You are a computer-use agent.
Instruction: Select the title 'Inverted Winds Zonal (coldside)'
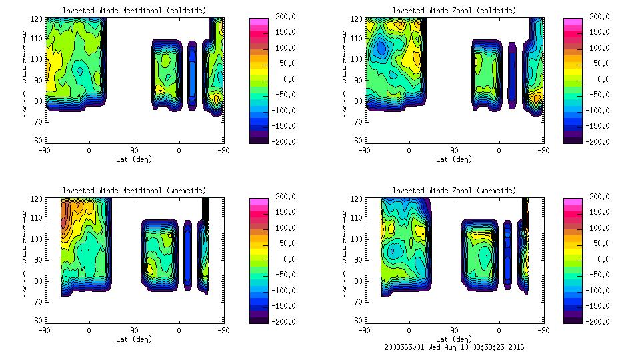coord(453,11)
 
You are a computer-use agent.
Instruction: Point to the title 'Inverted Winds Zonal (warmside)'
coord(453,191)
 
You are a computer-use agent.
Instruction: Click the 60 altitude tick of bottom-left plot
coord(39,321)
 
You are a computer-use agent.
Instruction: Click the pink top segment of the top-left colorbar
coord(258,21)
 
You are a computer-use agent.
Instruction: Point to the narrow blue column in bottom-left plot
coord(188,255)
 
